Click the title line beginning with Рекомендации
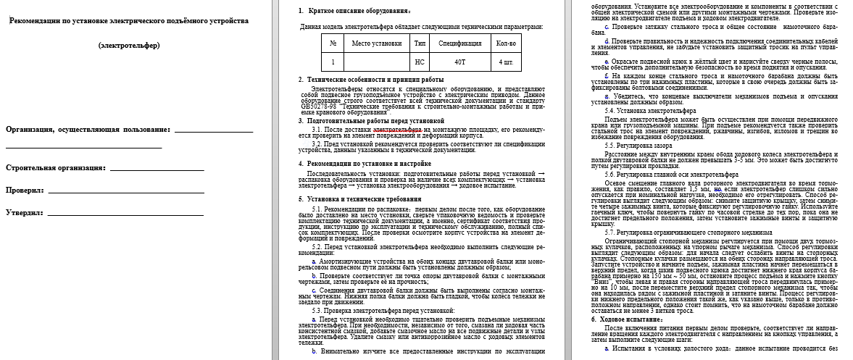pos(129,20)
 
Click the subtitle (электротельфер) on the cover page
pos(129,46)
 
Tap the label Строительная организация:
pos(56,167)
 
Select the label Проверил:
pos(25,191)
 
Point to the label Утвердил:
pos(25,214)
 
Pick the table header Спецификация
pos(459,43)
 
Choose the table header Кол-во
pos(506,43)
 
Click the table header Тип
pos(420,43)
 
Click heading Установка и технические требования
pos(359,198)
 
